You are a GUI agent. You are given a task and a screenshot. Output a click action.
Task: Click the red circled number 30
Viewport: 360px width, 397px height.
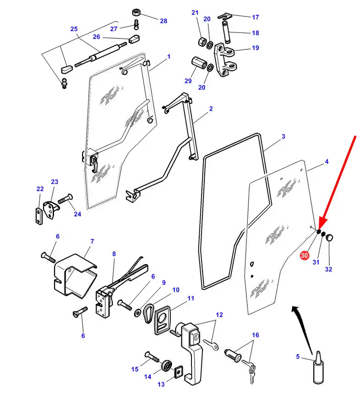(x=304, y=255)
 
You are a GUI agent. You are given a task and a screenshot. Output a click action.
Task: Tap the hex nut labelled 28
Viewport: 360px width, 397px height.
(x=136, y=12)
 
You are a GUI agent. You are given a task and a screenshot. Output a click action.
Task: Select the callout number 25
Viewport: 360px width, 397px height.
(x=74, y=29)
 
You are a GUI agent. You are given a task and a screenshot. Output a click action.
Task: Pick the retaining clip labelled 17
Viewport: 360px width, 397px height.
(x=225, y=16)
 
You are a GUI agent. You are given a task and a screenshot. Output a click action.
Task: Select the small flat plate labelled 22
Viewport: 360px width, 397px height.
(x=39, y=216)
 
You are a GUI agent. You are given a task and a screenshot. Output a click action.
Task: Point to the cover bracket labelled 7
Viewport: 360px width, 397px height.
(x=75, y=275)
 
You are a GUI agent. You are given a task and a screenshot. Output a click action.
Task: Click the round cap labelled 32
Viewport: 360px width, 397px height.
(x=329, y=238)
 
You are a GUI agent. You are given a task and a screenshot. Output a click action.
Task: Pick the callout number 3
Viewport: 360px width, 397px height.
(x=284, y=136)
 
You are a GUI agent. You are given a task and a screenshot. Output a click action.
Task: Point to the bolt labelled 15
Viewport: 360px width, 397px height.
(x=152, y=357)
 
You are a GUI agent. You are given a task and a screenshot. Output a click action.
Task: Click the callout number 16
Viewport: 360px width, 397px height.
(x=256, y=335)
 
